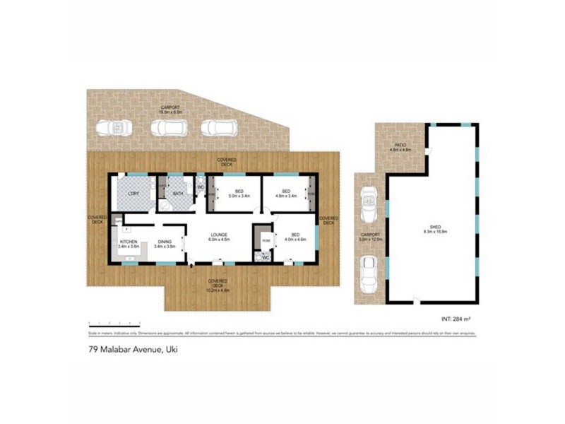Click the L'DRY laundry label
click(x=132, y=194)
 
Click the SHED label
click(x=431, y=229)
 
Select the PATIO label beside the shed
click(x=400, y=148)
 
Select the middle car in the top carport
click(x=169, y=127)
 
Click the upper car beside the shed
click(x=369, y=204)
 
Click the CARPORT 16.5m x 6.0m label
click(x=170, y=110)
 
